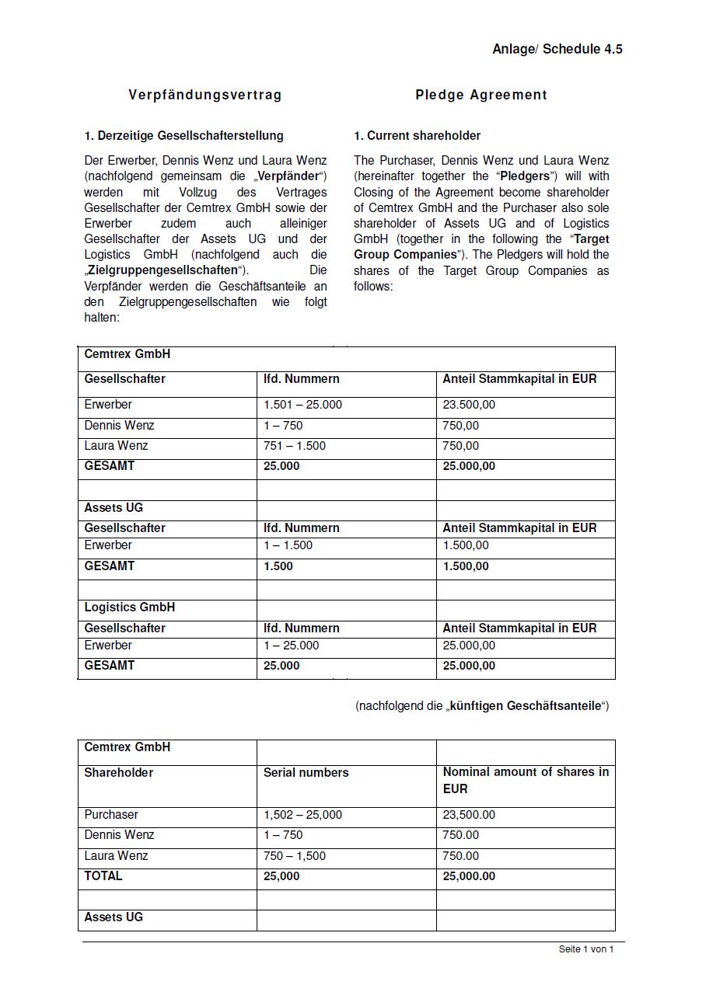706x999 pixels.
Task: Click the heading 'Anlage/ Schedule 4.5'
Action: click(557, 49)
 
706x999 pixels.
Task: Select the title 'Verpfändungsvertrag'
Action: click(205, 95)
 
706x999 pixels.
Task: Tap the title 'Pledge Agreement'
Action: click(481, 95)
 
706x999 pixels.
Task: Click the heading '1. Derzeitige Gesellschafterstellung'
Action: click(183, 136)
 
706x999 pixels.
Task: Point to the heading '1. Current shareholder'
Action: click(417, 136)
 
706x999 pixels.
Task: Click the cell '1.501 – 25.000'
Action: click(302, 405)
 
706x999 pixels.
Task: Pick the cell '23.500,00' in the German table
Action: click(468, 405)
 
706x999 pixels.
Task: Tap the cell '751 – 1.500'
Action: click(295, 446)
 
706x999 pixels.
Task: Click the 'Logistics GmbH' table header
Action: click(129, 607)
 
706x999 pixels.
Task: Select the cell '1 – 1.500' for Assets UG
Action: click(288, 545)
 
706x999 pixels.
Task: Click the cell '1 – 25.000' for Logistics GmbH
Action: click(291, 646)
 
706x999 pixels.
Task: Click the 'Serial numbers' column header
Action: click(306, 773)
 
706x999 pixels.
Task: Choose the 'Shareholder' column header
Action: click(118, 773)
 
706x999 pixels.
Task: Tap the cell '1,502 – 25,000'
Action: click(302, 815)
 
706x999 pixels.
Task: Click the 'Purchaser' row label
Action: click(111, 815)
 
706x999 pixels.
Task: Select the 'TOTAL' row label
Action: click(103, 875)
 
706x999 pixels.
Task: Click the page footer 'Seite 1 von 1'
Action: click(585, 949)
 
